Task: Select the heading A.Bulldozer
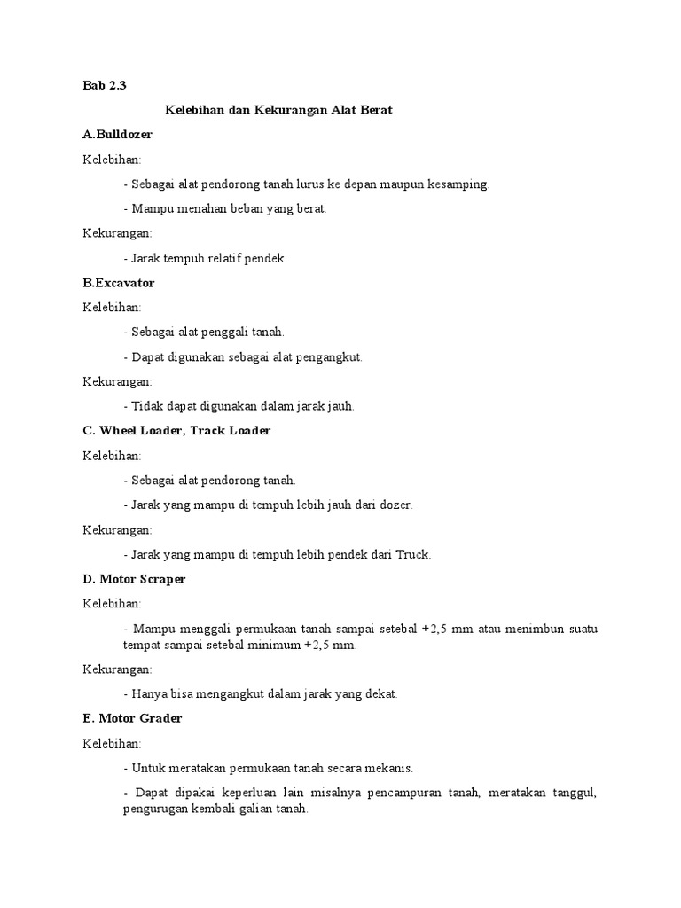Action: click(x=117, y=135)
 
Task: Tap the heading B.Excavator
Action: click(x=118, y=283)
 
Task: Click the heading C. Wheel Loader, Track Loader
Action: click(x=176, y=431)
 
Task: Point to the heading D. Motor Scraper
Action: click(x=134, y=579)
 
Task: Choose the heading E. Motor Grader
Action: click(x=132, y=718)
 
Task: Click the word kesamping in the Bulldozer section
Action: click(x=457, y=184)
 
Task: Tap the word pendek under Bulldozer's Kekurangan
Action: click(x=266, y=258)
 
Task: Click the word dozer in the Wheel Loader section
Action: click(x=395, y=505)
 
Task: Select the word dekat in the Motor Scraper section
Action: click(x=380, y=693)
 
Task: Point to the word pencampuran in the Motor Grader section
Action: click(x=400, y=793)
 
